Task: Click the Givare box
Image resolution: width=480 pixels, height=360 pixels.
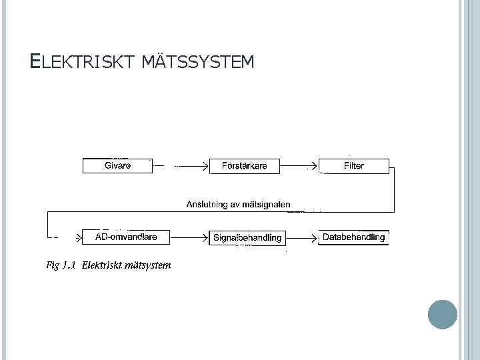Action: point(117,166)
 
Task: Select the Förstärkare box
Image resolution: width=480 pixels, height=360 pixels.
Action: point(244,166)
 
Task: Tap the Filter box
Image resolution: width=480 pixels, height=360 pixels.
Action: point(353,166)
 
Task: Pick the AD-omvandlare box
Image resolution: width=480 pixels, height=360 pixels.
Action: point(124,237)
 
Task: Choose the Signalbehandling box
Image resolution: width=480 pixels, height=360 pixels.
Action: point(247,237)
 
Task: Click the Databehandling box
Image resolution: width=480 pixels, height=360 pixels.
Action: point(353,237)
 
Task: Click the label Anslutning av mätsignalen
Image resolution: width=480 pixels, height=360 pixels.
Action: point(238,205)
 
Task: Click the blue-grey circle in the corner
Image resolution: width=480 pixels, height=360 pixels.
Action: point(442,314)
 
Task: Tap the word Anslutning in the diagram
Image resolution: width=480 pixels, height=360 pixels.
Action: point(206,205)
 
